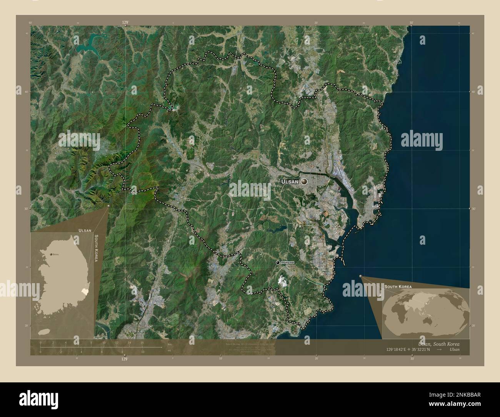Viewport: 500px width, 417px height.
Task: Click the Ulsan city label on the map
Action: (x=290, y=182)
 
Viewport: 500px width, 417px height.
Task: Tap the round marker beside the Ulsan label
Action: (x=305, y=182)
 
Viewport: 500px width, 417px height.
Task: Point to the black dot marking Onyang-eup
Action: (x=278, y=262)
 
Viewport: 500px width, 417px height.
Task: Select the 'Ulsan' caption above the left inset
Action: (x=85, y=230)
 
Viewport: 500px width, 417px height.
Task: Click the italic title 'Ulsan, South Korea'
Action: (x=438, y=344)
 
